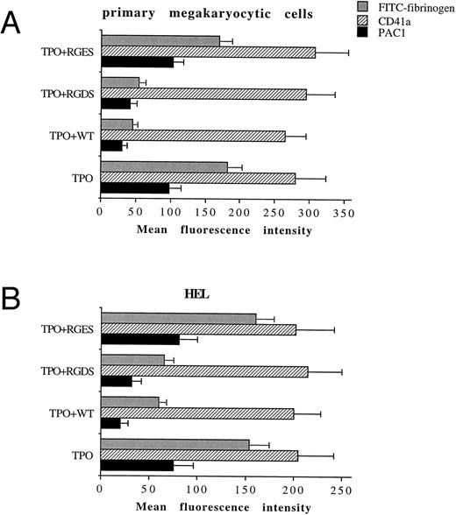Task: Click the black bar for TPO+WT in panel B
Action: (111, 424)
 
